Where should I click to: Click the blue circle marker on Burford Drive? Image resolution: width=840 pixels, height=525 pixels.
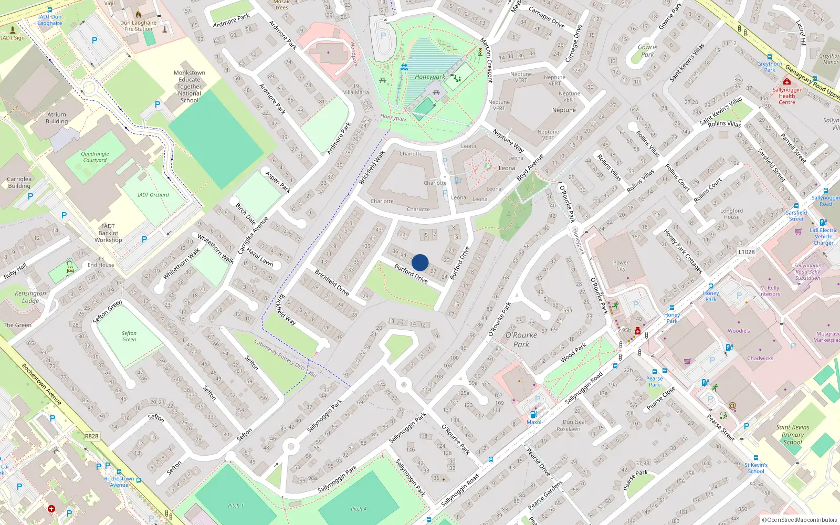tap(420, 262)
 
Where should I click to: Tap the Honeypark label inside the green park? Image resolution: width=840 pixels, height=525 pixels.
tap(429, 77)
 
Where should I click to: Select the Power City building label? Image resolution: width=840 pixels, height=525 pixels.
tap(621, 266)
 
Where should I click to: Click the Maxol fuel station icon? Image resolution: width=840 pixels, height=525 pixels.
tap(534, 414)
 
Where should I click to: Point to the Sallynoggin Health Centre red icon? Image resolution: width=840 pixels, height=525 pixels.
tap(786, 82)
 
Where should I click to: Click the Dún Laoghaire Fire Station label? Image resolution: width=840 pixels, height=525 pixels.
tap(138, 26)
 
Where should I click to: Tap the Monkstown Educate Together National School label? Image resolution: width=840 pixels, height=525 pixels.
tap(190, 87)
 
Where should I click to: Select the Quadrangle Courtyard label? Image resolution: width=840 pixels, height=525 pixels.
tap(95, 157)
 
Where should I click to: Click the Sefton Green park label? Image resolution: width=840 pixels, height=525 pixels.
tap(129, 336)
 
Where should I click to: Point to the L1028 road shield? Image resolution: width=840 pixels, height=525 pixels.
tap(746, 252)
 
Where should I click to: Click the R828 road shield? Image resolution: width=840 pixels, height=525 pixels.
tap(91, 436)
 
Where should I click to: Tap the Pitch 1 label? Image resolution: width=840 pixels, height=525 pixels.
tap(236, 506)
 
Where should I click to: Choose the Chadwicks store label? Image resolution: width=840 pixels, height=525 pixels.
tap(760, 359)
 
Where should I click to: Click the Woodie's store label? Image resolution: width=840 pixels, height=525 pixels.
tap(739, 331)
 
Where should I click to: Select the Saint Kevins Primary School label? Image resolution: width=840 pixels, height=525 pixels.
tap(793, 435)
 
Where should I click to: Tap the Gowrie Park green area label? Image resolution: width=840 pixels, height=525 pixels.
tap(647, 50)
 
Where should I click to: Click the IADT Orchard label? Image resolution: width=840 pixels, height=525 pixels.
tap(153, 195)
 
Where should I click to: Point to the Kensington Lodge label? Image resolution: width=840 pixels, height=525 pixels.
tap(30, 297)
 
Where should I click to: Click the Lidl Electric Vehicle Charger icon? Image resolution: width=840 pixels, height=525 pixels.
tap(823, 223)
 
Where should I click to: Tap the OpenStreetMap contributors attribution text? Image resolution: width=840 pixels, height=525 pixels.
tap(802, 520)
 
